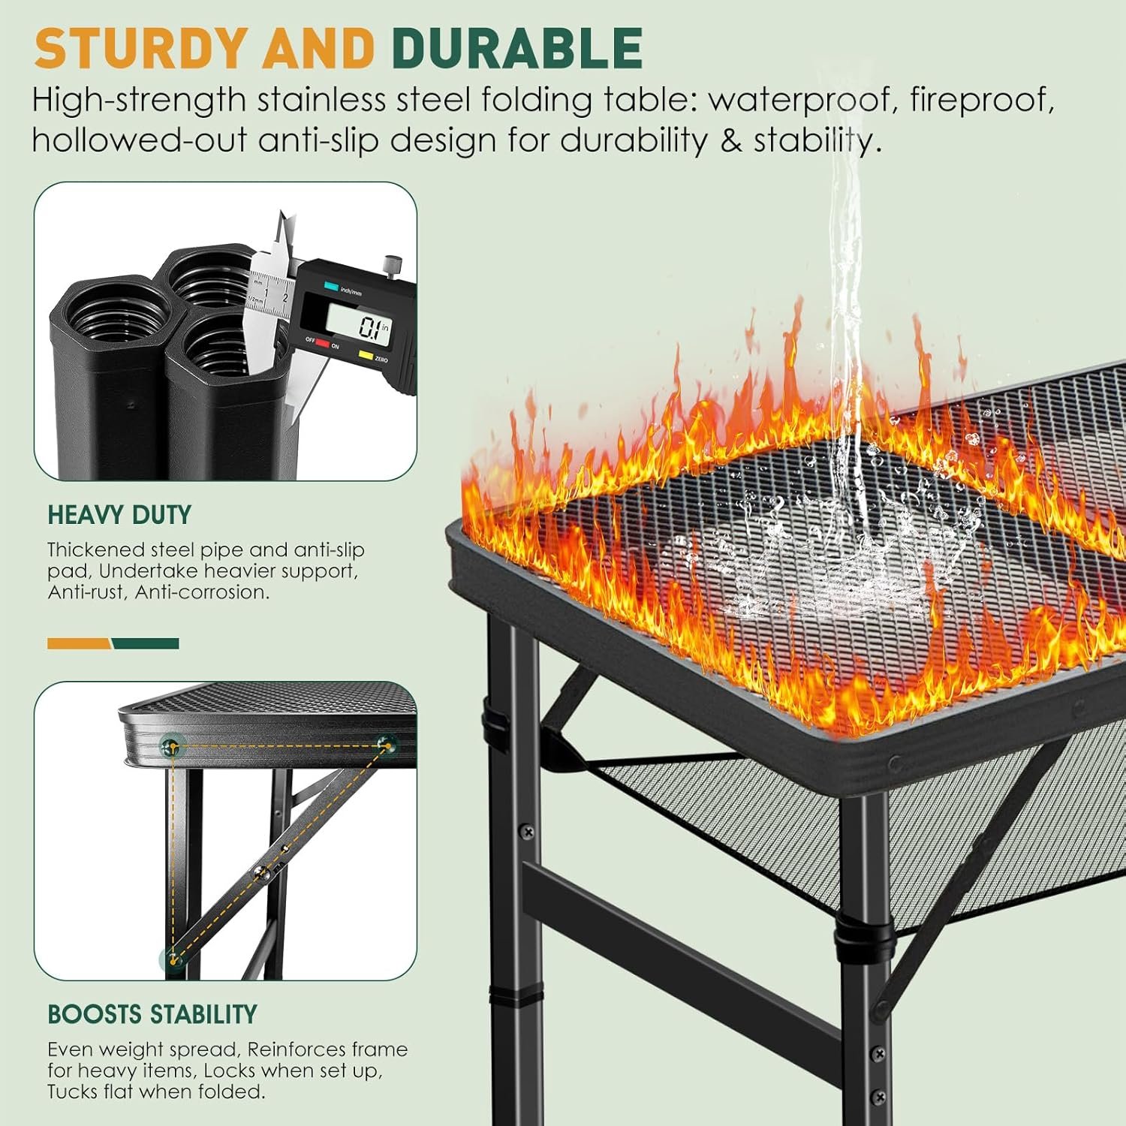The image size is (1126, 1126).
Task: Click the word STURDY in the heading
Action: coord(140,49)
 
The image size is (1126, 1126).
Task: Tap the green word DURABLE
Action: coord(516,49)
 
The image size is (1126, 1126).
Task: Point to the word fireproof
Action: coord(980,100)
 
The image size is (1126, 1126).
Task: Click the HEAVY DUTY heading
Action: coord(119,515)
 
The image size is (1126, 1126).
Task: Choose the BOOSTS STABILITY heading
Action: coord(152,1014)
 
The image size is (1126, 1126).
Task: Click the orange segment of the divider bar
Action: coord(79,643)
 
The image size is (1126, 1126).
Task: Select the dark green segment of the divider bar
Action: coord(146,643)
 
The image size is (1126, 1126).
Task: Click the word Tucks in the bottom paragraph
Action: coord(75,1091)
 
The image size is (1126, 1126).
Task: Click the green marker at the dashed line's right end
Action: coord(387,744)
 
